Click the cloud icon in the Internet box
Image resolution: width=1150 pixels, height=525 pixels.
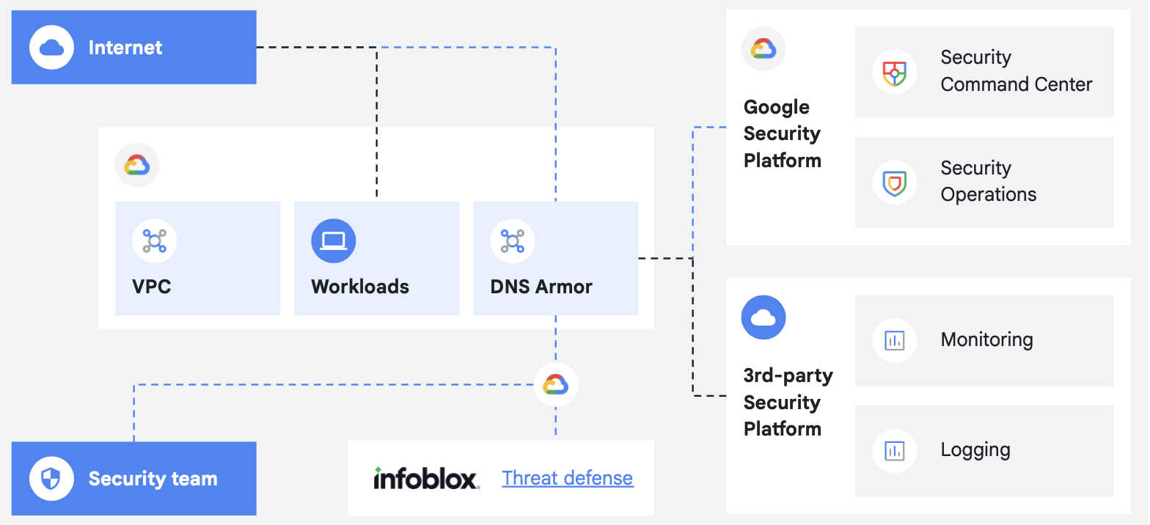[x=51, y=48]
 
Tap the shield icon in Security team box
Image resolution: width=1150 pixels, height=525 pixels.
[x=51, y=479]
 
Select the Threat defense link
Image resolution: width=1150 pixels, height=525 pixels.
[x=567, y=478]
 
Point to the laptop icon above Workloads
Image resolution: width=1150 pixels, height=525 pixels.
[x=333, y=241]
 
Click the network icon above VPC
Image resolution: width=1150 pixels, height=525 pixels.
[x=154, y=241]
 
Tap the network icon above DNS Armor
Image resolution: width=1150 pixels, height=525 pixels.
[x=512, y=241]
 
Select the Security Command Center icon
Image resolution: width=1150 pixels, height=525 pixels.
[x=894, y=72]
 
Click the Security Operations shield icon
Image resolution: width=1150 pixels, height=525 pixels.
[x=894, y=183]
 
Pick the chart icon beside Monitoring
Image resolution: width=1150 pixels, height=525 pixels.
[x=894, y=340]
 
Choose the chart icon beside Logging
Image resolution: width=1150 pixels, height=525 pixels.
[x=894, y=450]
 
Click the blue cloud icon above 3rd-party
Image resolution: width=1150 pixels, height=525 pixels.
[x=763, y=317]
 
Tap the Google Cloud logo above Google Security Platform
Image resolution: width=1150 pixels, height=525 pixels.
[x=763, y=49]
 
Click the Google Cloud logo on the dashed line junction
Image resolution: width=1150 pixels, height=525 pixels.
[x=555, y=384]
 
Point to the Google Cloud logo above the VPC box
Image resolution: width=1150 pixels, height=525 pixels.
[x=137, y=165]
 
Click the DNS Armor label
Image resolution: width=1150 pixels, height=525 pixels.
[x=541, y=286]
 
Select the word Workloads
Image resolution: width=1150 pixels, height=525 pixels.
[x=359, y=286]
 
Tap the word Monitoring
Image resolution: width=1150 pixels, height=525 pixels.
[x=986, y=339]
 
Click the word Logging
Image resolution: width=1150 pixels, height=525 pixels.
[x=975, y=449]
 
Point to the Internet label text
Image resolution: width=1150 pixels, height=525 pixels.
[x=125, y=48]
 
